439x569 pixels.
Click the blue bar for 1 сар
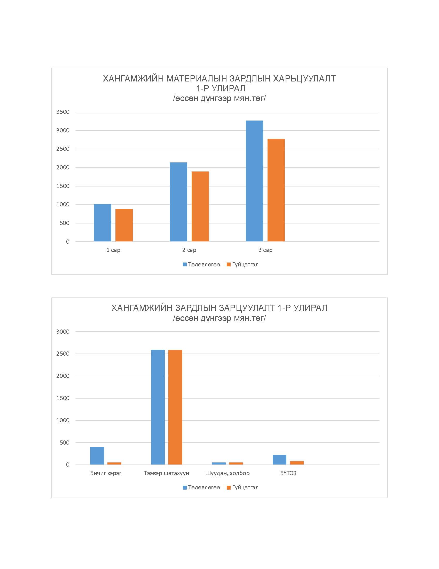(103, 223)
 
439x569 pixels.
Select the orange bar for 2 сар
(200, 206)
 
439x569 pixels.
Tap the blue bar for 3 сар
(254, 181)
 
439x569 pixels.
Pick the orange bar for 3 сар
(276, 190)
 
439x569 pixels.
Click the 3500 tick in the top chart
(63, 112)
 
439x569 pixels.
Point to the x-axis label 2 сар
(189, 250)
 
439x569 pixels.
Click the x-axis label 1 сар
(113, 250)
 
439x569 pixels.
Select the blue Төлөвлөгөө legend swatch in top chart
(185, 265)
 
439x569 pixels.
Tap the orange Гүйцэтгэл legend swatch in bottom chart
(229, 488)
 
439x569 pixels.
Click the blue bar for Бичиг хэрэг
(97, 456)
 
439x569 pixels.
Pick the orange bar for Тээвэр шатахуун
(175, 407)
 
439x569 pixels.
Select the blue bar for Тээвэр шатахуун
(158, 407)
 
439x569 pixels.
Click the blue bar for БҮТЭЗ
(280, 460)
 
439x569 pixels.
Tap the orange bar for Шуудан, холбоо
(236, 463)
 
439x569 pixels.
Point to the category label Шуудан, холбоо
(228, 473)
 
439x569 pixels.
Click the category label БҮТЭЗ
(288, 473)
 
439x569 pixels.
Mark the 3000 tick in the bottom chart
(63, 332)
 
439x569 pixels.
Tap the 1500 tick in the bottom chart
(63, 398)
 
